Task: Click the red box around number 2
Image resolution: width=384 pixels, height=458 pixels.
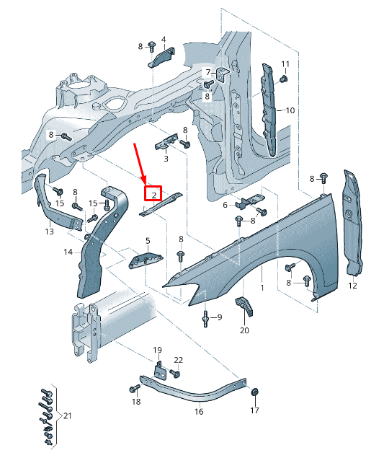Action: (153, 194)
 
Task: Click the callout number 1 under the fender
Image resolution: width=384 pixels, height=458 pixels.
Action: (262, 288)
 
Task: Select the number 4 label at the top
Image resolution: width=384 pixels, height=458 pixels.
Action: (164, 39)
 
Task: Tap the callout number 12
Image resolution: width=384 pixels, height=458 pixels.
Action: (353, 286)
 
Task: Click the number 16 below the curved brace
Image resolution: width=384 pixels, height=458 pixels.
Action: (199, 412)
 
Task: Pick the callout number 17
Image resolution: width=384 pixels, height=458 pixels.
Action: (254, 410)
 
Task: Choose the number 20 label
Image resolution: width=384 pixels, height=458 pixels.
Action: (244, 330)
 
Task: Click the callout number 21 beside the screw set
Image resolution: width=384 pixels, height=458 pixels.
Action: (68, 416)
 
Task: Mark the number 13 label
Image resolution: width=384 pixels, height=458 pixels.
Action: (49, 232)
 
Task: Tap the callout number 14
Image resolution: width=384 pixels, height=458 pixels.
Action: (68, 252)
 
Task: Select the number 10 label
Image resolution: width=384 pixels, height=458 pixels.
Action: (290, 110)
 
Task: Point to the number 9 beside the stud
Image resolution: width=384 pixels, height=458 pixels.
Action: (219, 317)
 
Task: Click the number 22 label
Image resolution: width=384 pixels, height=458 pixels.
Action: (178, 359)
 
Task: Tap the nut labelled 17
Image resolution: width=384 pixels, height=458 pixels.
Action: (254, 393)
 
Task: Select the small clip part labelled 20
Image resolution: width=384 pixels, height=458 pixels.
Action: (246, 307)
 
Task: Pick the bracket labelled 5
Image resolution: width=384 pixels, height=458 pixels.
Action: (146, 260)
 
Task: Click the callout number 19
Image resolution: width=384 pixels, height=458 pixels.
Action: (158, 350)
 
